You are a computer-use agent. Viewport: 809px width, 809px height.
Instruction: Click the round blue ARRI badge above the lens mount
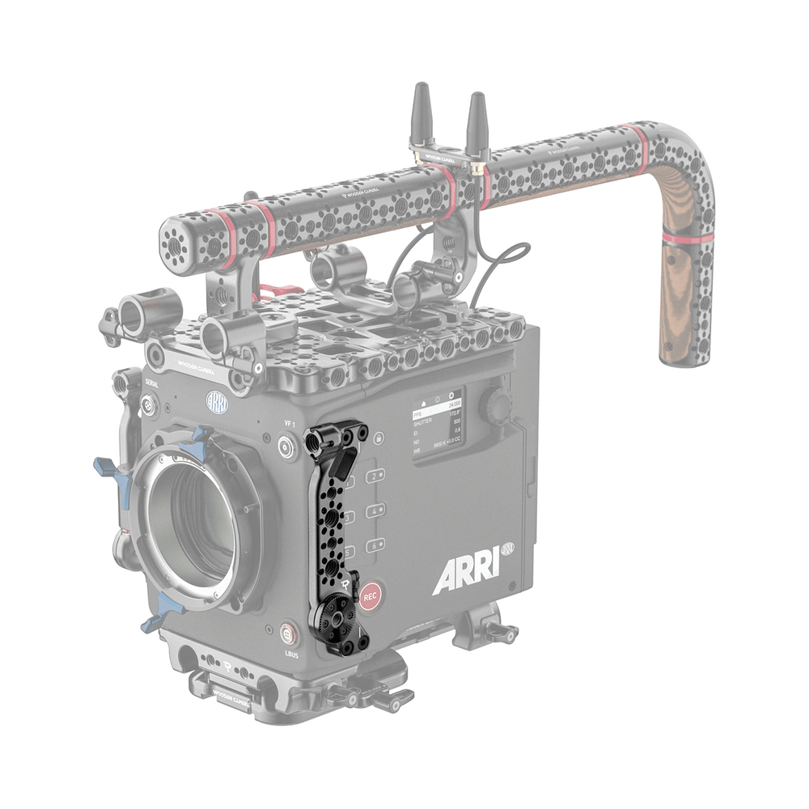tap(217, 400)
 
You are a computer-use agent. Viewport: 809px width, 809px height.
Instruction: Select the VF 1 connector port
tap(286, 444)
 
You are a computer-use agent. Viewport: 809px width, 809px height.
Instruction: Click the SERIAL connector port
tap(148, 405)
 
